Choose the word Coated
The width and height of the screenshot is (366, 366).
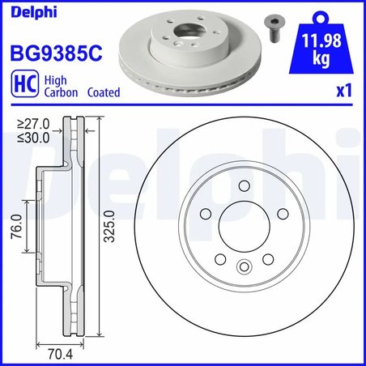(102, 92)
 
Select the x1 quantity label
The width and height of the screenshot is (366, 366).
(343, 92)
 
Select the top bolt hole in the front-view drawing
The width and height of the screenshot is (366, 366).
(243, 187)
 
